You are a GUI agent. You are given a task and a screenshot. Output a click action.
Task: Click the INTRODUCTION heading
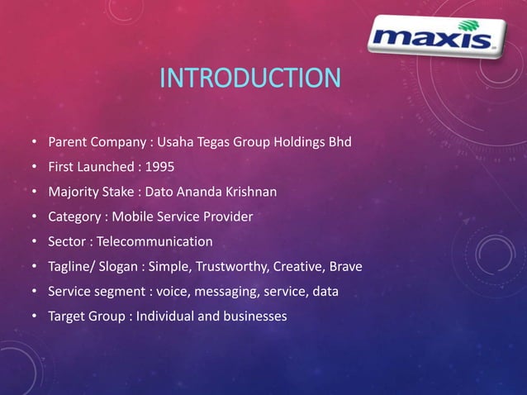249,79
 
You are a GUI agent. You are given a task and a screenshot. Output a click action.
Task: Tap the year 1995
159,167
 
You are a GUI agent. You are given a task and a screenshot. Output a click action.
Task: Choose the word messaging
226,292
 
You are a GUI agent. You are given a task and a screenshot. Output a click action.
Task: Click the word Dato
160,193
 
